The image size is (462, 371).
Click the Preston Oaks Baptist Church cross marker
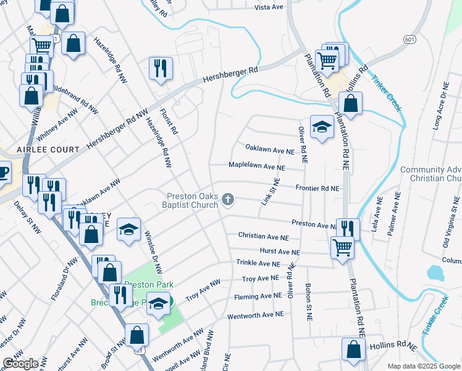coord(229,199)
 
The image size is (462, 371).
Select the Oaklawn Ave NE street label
coord(269,150)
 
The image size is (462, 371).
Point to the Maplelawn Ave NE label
coord(256,167)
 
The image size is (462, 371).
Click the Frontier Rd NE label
coord(317,188)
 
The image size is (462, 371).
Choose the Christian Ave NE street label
coord(264,236)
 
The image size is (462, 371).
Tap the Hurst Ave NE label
coord(279,252)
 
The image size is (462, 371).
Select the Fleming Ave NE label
coord(258,297)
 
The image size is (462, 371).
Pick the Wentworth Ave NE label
coord(255,314)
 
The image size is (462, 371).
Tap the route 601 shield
coord(409,40)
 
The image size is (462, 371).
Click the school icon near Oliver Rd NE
coord(321,127)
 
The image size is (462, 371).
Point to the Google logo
coord(20,363)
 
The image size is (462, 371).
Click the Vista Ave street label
coord(267,8)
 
